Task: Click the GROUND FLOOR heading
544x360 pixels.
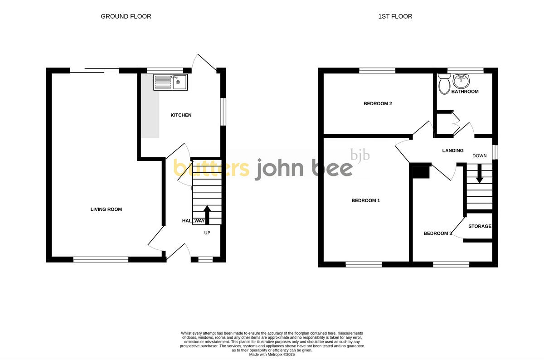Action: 126,16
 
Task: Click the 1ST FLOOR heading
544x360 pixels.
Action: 395,16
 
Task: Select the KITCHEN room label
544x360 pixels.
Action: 181,115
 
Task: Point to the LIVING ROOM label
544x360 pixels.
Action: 106,209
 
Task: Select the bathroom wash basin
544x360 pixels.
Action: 462,82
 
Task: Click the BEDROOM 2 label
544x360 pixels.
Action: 378,104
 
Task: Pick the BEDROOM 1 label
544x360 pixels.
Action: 365,200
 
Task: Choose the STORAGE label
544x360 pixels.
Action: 480,226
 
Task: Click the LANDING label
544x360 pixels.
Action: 452,151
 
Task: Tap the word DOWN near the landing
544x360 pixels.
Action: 479,156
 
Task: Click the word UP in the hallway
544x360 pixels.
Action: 207,233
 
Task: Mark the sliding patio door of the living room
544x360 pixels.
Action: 94,70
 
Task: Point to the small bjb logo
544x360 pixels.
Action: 360,155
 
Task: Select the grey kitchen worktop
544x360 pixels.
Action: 150,109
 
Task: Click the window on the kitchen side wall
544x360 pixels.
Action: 223,111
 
